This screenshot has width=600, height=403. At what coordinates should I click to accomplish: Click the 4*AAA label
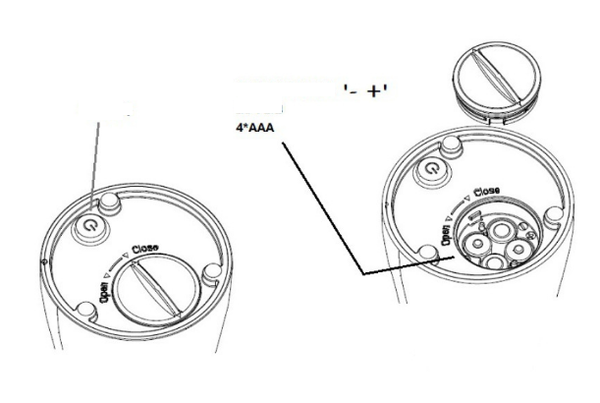click(252, 129)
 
